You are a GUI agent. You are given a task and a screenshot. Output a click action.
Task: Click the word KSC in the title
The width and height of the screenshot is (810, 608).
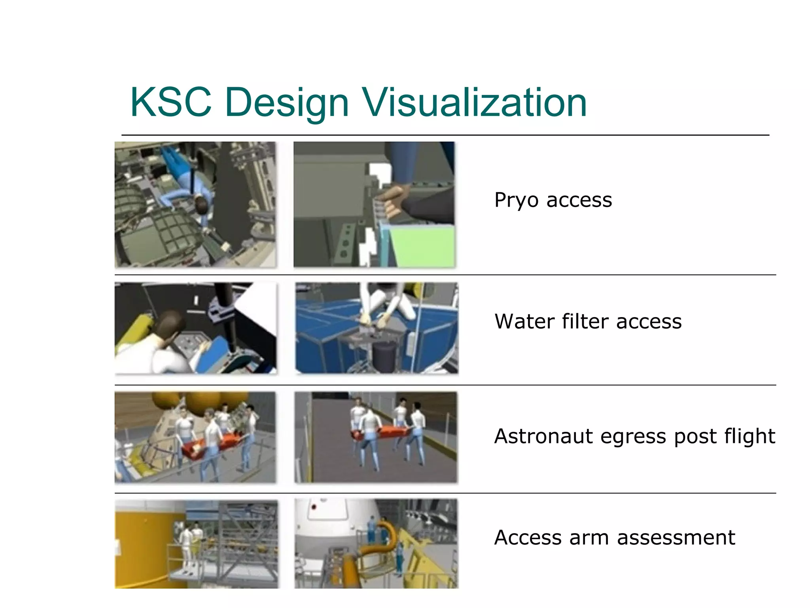pos(170,103)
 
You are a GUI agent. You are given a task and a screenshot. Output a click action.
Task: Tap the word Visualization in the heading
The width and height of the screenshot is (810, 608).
pos(475,103)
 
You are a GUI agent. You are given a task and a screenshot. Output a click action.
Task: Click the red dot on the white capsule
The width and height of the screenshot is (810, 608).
pos(314,507)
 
